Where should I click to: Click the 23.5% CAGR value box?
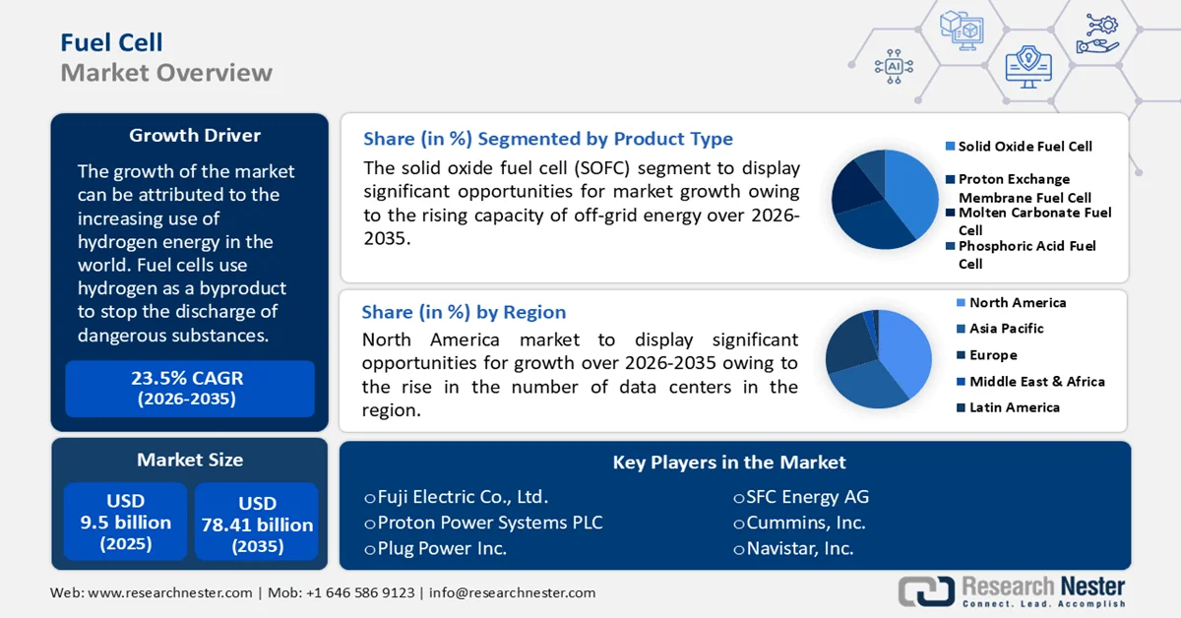(x=189, y=388)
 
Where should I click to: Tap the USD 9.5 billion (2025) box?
(x=125, y=522)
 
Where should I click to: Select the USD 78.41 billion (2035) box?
(x=257, y=522)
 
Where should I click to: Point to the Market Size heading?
(x=189, y=460)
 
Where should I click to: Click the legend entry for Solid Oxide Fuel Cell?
(x=1025, y=146)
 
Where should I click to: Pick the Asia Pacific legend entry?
(x=1006, y=328)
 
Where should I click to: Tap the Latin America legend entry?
(x=1014, y=406)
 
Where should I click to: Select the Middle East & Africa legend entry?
(x=1036, y=381)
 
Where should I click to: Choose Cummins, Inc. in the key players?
(x=806, y=523)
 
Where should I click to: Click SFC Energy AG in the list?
(x=807, y=497)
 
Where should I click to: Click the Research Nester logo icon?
(x=926, y=590)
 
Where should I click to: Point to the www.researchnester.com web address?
(x=168, y=592)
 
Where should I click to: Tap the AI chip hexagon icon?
(x=894, y=66)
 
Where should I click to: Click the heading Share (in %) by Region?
(x=464, y=312)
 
